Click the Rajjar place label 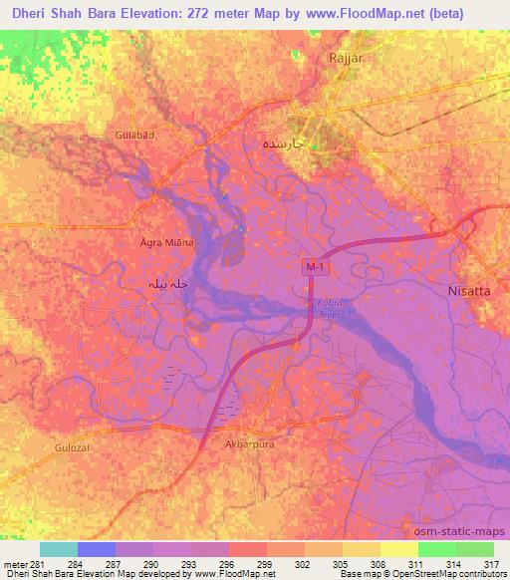click(x=344, y=58)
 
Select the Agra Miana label click(x=165, y=242)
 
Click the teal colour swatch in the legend click(x=58, y=549)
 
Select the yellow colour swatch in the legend click(x=398, y=549)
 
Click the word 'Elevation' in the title click(x=171, y=15)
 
